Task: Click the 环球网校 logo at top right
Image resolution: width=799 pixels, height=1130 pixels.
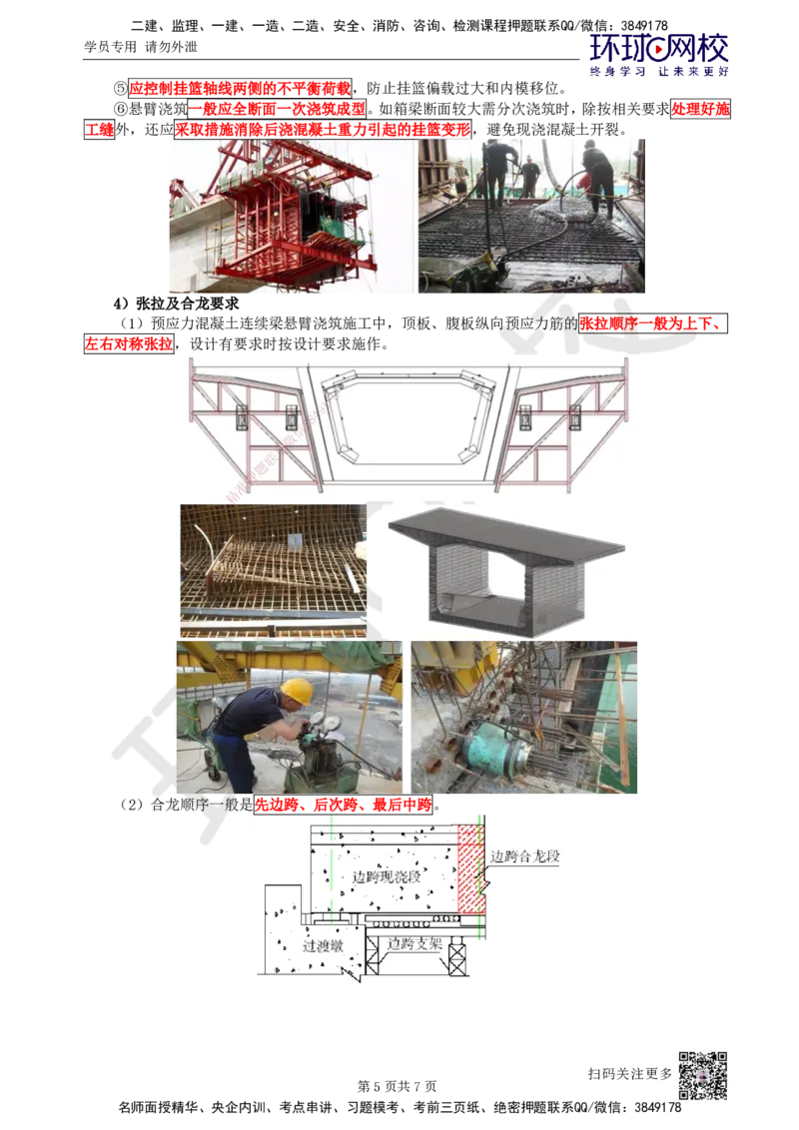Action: (x=659, y=49)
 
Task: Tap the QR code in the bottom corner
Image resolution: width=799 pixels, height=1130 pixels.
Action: (x=702, y=1075)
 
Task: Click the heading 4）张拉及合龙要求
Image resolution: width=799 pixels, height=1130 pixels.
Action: (x=175, y=303)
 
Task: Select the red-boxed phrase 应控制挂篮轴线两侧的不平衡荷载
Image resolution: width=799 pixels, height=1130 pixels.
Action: (x=240, y=89)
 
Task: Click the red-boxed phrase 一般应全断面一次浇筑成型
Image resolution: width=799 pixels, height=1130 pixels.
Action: (x=277, y=109)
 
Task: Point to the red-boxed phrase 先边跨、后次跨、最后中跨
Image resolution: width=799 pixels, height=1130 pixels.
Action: (x=344, y=805)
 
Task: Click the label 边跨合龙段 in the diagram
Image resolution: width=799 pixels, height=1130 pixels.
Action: (x=525, y=856)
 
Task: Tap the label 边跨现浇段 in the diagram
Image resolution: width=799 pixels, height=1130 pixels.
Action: (x=387, y=876)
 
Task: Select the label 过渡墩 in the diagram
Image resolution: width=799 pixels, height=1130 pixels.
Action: (x=323, y=945)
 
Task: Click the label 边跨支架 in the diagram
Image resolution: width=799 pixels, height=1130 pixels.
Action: (x=413, y=943)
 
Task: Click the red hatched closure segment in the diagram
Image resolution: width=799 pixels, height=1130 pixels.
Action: (x=470, y=869)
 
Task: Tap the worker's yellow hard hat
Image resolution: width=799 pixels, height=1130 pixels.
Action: (x=297, y=691)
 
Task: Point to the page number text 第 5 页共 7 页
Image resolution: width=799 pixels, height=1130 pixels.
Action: (x=397, y=1085)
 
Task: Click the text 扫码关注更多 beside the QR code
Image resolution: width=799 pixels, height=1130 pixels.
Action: (x=629, y=1074)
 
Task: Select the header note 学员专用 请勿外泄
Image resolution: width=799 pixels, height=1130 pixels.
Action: (x=141, y=47)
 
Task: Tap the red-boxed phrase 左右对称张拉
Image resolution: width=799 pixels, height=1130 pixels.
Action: (x=129, y=343)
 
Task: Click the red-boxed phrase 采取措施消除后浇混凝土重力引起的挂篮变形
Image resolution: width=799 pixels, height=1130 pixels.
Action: (x=323, y=130)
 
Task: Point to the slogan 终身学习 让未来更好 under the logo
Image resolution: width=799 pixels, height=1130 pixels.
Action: (x=659, y=71)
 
